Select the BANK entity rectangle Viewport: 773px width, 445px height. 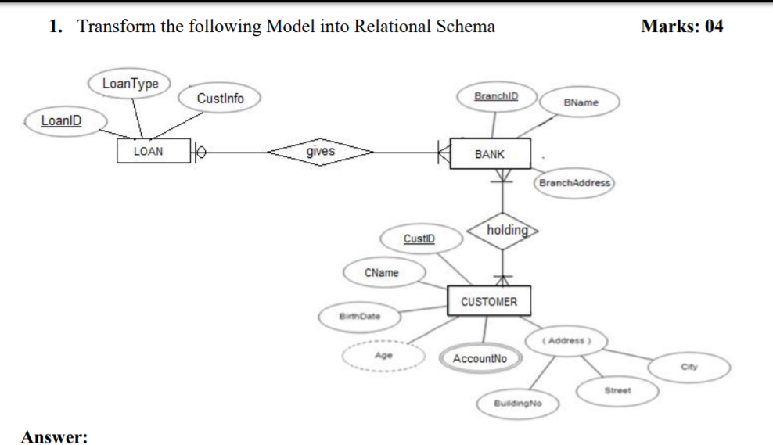[490, 154]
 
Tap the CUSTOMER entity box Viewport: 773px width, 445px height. [489, 301]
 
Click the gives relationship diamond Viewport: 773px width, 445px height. [320, 152]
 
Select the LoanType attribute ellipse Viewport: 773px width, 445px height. [131, 84]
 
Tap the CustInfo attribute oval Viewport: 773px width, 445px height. [220, 99]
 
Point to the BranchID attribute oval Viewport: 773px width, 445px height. [494, 96]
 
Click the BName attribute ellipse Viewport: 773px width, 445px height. [581, 102]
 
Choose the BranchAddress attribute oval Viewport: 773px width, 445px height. [574, 182]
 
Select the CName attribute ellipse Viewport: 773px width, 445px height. [382, 273]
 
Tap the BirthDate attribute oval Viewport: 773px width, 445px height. [358, 317]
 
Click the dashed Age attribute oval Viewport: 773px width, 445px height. [383, 355]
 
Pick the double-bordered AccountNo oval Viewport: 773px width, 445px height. [480, 358]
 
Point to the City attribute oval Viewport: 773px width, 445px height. [689, 367]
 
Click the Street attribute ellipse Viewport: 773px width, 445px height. [617, 389]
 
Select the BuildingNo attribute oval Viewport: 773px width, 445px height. [517, 404]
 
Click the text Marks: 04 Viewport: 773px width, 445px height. [681, 26]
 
